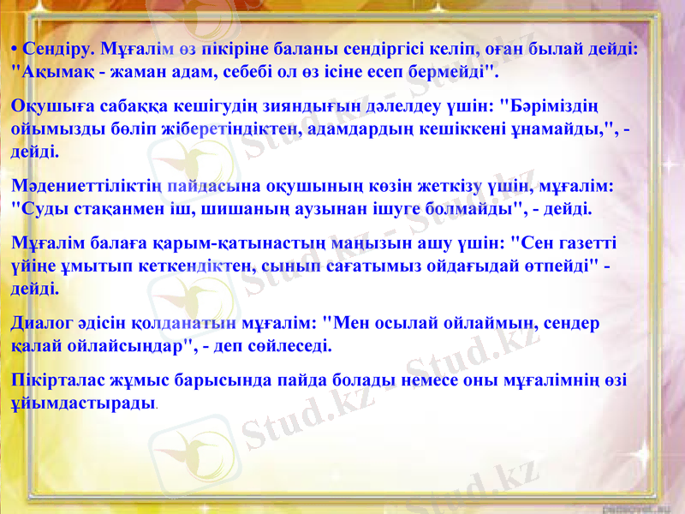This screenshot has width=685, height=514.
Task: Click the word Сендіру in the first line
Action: click(59, 49)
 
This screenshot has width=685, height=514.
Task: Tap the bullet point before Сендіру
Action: click(15, 49)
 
